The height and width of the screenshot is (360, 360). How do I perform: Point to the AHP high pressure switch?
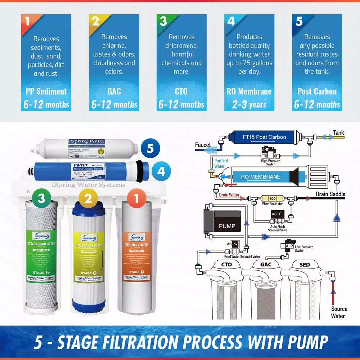click(x=266, y=151)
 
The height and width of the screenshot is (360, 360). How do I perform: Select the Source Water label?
click(x=339, y=312)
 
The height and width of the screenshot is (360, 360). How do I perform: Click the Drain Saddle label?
click(x=330, y=194)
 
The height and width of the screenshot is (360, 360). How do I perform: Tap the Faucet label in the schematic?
click(x=203, y=145)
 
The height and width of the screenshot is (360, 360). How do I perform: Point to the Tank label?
click(x=338, y=132)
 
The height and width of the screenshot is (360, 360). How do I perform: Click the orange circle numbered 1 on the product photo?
click(x=136, y=198)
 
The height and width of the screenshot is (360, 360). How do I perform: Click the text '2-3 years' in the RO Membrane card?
click(x=249, y=105)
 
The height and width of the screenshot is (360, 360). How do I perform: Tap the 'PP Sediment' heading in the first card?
click(x=46, y=91)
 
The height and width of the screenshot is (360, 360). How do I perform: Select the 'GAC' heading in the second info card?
click(x=114, y=91)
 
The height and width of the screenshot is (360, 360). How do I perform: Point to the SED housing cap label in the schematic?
click(x=305, y=265)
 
